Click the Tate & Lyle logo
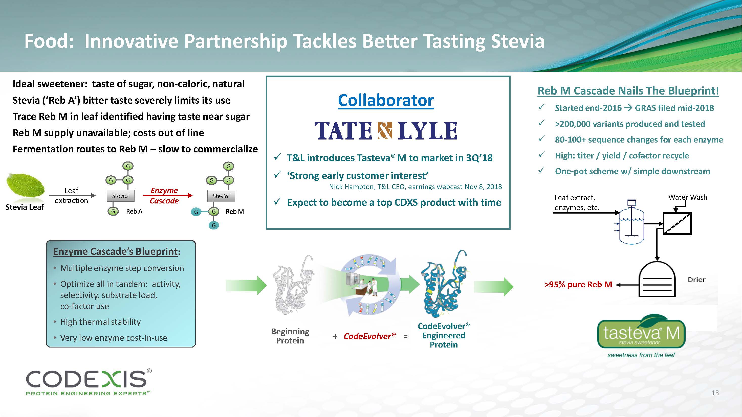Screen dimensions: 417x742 [386, 131]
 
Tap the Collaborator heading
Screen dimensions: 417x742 [386, 100]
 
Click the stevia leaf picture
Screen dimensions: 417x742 [25, 185]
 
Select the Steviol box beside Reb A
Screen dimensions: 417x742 [120, 196]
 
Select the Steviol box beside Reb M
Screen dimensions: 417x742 [221, 196]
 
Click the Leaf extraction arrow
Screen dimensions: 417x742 [72, 195]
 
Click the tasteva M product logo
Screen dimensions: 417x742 [641, 334]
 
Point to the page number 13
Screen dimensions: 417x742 [715, 393]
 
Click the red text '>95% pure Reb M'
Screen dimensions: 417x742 [578, 285]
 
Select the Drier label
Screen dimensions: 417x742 [696, 280]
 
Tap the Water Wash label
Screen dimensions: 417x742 [688, 197]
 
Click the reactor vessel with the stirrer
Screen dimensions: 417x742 [632, 224]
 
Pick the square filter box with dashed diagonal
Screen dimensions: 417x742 [677, 223]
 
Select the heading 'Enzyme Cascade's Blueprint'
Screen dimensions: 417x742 [115, 251]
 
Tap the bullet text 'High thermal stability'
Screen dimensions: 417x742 [100, 322]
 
